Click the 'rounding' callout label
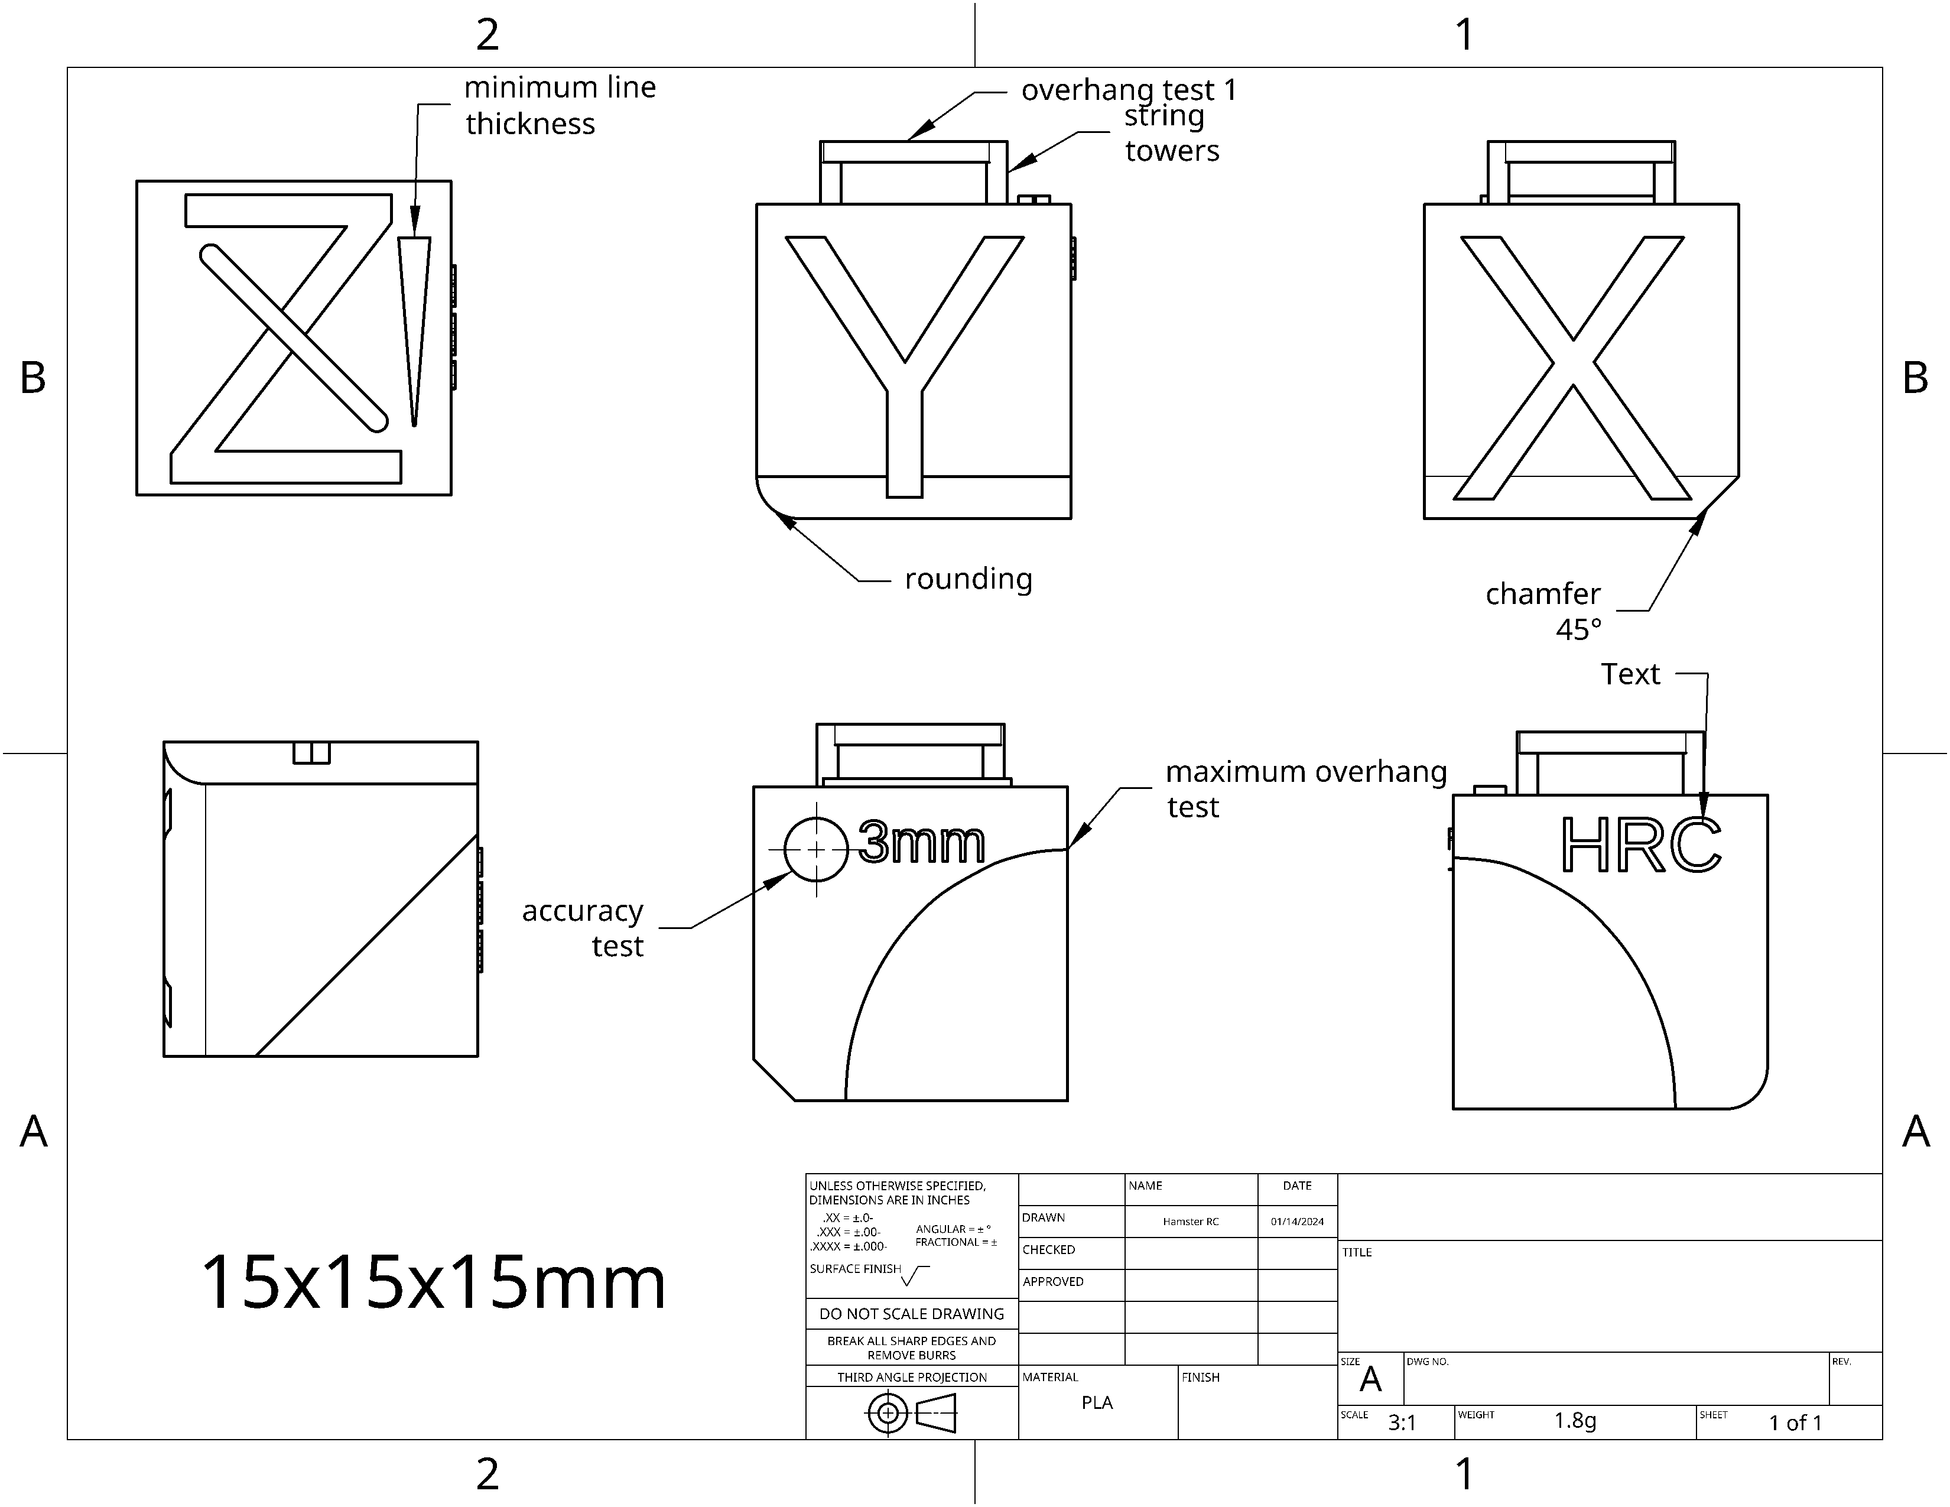click(x=968, y=579)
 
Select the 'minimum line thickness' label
click(x=560, y=105)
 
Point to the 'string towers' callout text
click(x=1171, y=133)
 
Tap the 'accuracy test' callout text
click(x=583, y=928)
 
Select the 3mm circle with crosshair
click(x=816, y=849)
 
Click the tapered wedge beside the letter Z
click(x=414, y=330)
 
